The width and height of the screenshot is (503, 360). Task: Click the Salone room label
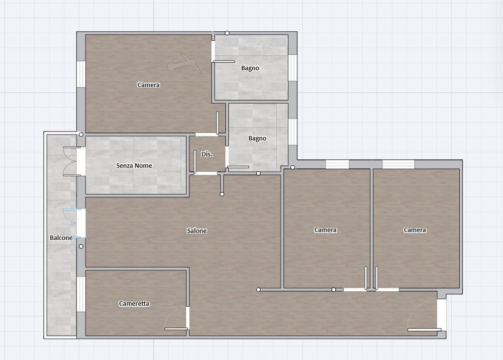point(197,231)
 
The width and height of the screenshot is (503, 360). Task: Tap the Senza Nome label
point(134,166)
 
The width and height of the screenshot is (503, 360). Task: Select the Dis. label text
point(207,154)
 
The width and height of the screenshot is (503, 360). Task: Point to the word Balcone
point(61,238)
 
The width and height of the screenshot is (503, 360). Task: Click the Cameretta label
point(134,303)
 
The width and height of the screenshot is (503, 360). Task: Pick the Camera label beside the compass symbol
point(148,85)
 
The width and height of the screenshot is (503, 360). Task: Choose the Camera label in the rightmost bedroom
point(415,230)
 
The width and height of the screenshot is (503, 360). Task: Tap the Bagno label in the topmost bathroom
point(250,68)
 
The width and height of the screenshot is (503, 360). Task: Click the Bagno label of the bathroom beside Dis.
point(257,138)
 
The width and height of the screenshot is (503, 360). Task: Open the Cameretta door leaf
point(176,329)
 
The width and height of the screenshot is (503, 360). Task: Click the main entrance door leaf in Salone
point(424,330)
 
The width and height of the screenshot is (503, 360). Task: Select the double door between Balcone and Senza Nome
point(72,161)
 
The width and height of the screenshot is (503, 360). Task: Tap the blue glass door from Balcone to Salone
point(72,223)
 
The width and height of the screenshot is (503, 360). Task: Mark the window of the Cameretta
point(81,294)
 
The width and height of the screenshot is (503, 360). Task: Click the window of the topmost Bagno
point(293,68)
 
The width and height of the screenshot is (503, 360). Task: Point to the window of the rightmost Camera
point(399,164)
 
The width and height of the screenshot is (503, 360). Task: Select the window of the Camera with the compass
point(81,74)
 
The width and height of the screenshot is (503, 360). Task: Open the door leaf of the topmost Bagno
point(224,62)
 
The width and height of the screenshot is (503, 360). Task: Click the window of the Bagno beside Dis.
point(293,131)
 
